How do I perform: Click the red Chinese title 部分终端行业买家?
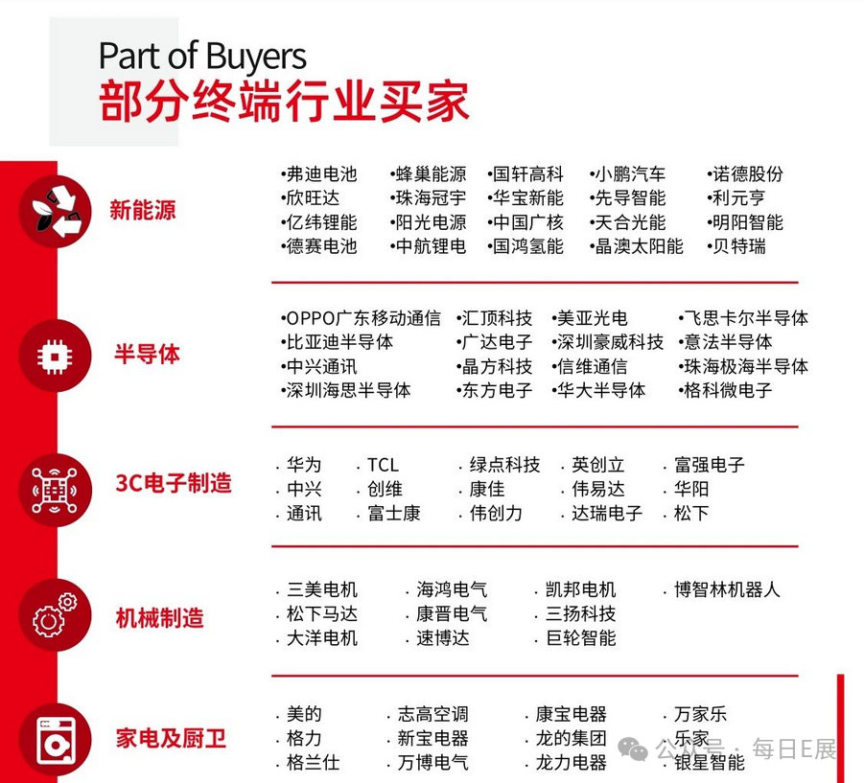[284, 102]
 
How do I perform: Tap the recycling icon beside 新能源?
[58, 210]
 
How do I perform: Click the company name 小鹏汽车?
[629, 174]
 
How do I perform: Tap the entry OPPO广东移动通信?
[363, 318]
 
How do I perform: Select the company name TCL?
[383, 465]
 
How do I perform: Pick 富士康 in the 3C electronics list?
[394, 513]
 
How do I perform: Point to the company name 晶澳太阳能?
[639, 246]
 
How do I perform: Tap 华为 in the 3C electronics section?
[304, 465]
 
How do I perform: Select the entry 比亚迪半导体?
[339, 342]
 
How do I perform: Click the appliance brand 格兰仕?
[313, 763]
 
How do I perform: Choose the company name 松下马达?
[322, 613]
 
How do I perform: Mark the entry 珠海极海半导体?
[745, 366]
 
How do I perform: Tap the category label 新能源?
[143, 211]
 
